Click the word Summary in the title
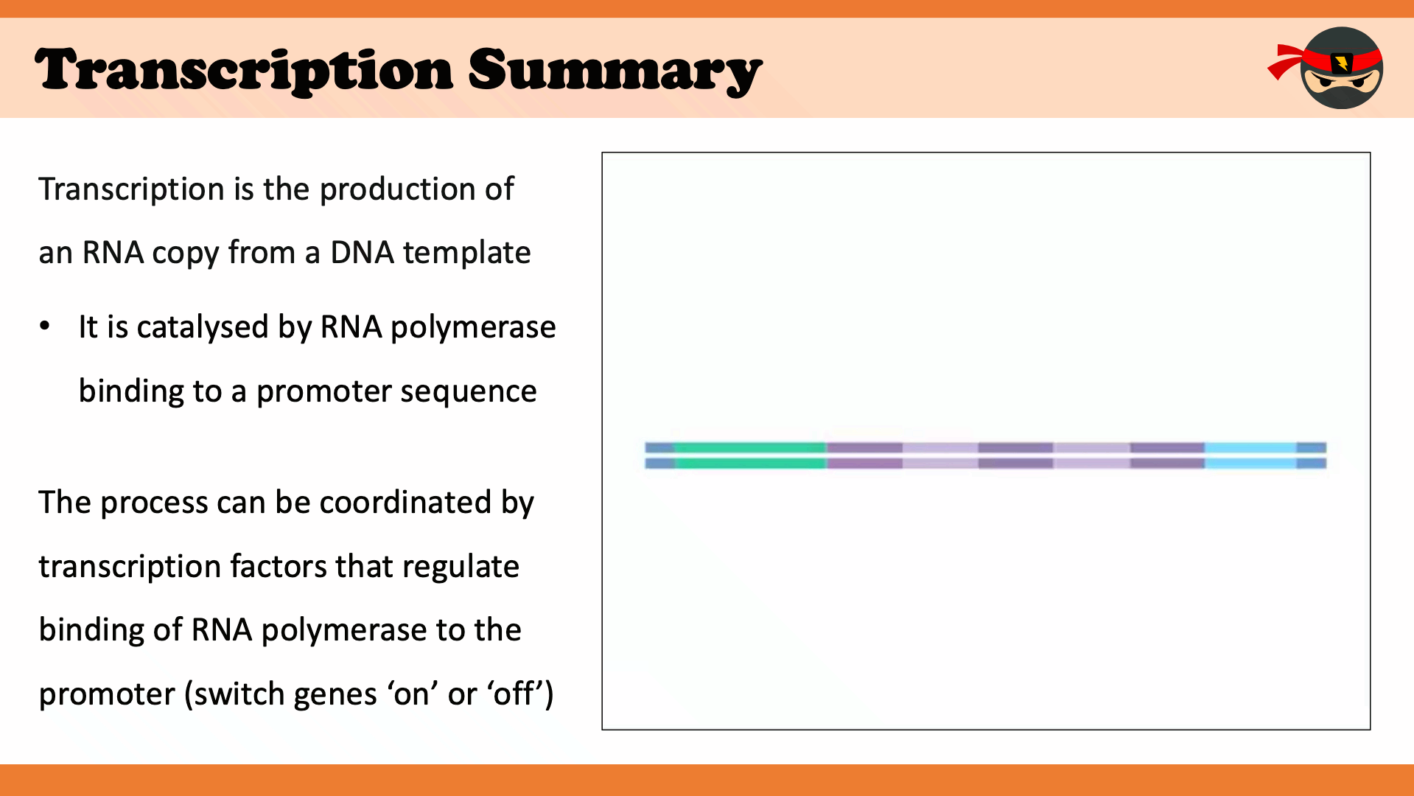pyautogui.click(x=615, y=71)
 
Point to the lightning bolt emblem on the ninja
pyautogui.click(x=1341, y=62)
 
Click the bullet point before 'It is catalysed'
pyautogui.click(x=46, y=325)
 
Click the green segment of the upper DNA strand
pyautogui.click(x=750, y=447)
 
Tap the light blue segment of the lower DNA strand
pyautogui.click(x=1250, y=464)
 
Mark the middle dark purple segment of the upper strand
pyautogui.click(x=1015, y=447)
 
